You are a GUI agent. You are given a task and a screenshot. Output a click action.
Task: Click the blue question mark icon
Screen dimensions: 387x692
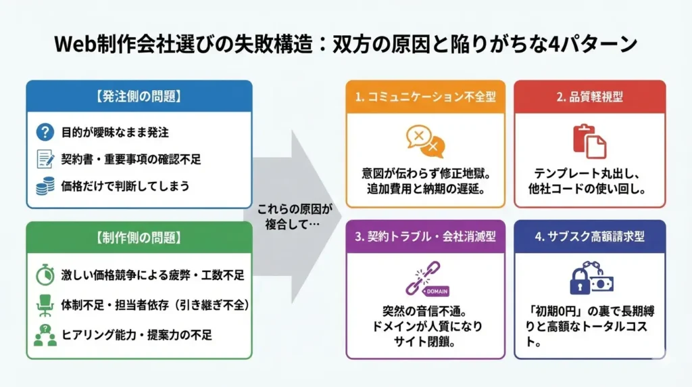point(45,132)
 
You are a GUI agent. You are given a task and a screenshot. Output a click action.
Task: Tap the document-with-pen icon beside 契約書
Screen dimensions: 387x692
point(45,159)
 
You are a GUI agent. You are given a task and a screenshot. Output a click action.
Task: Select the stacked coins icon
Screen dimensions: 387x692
point(45,186)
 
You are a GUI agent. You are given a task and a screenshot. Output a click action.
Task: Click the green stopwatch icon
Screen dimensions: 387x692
point(45,275)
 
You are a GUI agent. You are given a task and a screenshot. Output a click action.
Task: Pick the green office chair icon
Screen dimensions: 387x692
point(45,304)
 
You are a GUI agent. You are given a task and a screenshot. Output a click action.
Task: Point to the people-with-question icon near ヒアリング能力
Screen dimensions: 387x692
point(45,334)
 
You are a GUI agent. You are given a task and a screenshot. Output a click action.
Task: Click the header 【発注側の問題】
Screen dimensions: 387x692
point(139,96)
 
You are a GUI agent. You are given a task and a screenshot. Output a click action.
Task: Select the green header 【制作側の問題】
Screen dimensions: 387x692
point(139,237)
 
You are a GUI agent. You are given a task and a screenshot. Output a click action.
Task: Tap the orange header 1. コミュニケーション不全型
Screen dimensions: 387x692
point(425,97)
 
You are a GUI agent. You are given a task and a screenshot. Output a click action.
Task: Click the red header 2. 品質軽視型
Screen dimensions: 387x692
point(589,97)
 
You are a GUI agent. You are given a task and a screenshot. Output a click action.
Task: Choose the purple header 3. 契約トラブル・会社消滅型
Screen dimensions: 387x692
point(425,237)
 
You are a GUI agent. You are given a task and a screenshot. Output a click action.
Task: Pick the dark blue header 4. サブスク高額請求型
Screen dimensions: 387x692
point(589,237)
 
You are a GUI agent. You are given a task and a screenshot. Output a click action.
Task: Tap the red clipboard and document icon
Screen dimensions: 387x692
point(589,141)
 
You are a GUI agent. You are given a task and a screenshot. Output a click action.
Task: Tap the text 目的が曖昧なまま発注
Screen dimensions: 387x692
point(115,132)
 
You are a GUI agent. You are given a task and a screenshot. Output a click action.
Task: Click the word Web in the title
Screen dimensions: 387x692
point(72,44)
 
